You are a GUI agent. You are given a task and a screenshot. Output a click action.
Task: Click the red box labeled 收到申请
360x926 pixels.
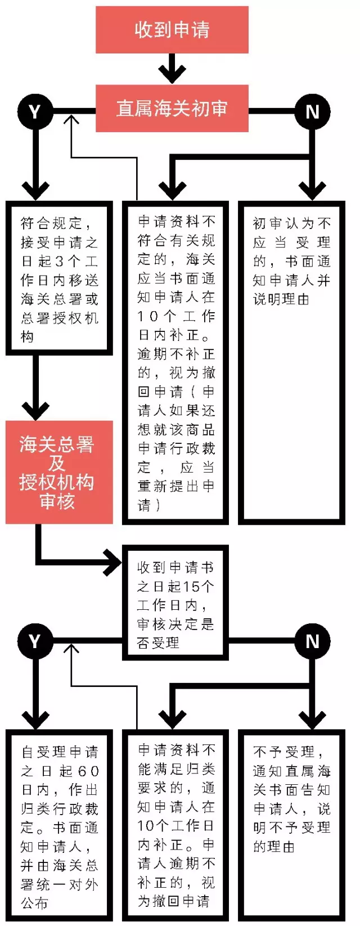(x=172, y=29)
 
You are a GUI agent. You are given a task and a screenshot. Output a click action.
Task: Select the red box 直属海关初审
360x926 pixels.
(x=172, y=108)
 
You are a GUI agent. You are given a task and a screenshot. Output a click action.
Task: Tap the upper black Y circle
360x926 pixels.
(x=35, y=111)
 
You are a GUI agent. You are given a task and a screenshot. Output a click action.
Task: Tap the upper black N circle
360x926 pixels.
(x=312, y=111)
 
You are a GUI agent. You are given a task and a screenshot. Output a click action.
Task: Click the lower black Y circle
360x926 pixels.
(x=35, y=641)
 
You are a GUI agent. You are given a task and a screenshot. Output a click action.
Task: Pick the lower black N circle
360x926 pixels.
(x=312, y=641)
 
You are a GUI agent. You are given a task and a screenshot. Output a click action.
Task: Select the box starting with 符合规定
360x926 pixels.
(x=58, y=278)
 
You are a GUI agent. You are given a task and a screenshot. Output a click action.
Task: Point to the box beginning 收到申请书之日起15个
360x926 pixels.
(x=175, y=603)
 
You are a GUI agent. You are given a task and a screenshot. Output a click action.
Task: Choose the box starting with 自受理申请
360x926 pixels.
(x=58, y=825)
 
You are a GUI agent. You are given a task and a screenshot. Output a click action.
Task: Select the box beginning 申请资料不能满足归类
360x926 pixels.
(x=175, y=825)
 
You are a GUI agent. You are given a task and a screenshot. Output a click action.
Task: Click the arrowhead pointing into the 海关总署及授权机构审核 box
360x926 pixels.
(x=35, y=410)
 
